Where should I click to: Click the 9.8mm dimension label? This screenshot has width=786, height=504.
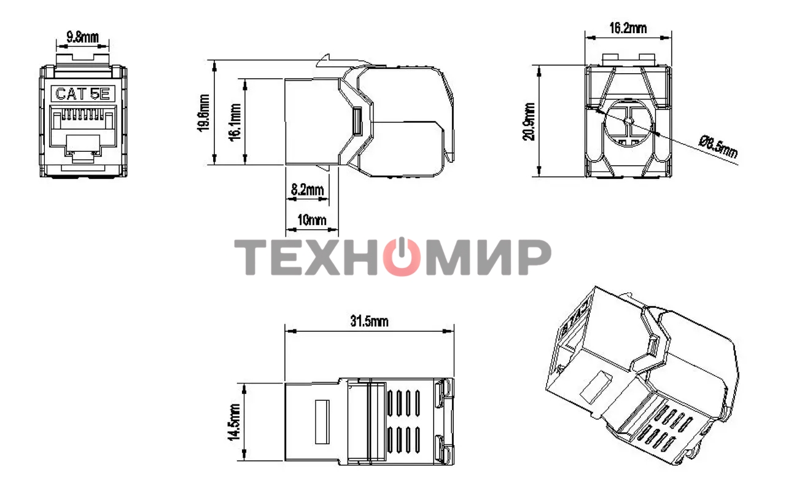82,36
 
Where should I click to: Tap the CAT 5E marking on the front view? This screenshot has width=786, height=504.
82,94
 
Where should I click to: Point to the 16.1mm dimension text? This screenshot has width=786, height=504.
235,122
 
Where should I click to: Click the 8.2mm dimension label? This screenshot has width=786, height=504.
307,190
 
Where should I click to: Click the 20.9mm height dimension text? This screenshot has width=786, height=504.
529,121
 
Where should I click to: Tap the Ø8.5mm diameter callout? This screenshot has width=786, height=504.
718,147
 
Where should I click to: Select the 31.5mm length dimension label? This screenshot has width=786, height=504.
369,321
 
